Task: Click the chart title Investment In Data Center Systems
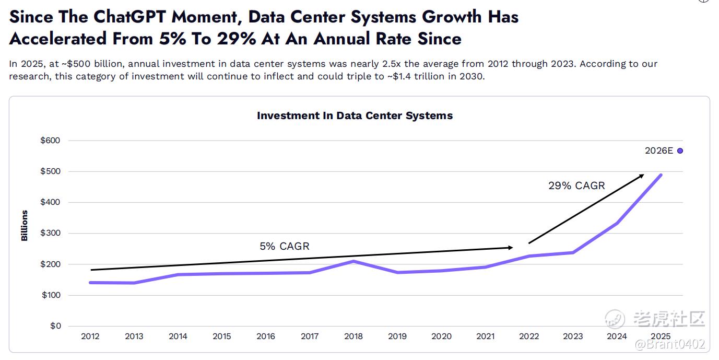[x=355, y=115]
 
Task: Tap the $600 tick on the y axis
[x=50, y=141]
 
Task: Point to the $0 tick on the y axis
[x=55, y=326]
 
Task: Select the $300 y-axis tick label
[x=50, y=233]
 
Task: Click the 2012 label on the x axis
[x=90, y=336]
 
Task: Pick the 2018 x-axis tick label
[x=353, y=336]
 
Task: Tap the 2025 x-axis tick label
[x=661, y=336]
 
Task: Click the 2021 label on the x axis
[x=485, y=336]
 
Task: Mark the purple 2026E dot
[x=680, y=151]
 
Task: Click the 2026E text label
[x=659, y=151]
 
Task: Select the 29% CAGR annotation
[x=576, y=185]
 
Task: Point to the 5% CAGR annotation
[x=285, y=246]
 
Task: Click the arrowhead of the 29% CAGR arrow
[x=642, y=176]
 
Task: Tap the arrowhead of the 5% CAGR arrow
[x=511, y=248]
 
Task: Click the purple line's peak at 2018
[x=353, y=261]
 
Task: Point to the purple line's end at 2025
[x=661, y=175]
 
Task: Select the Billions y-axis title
[x=25, y=226]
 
